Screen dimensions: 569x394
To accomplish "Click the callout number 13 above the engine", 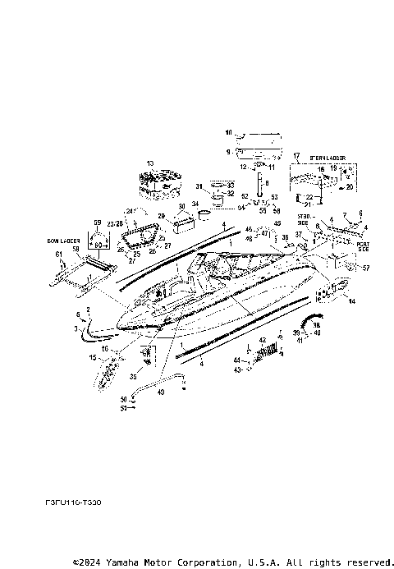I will pyautogui.click(x=149, y=164).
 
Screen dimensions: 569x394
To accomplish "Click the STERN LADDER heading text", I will pyautogui.click(x=328, y=156).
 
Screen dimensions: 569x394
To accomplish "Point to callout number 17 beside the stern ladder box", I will pyautogui.click(x=296, y=155).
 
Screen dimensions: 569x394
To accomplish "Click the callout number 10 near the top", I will pyautogui.click(x=230, y=131).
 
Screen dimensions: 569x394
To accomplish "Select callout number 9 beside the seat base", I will pyautogui.click(x=229, y=151).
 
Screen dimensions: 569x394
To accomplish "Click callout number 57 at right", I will pyautogui.click(x=365, y=268).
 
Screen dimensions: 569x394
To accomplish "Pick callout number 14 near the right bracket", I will pyautogui.click(x=353, y=302).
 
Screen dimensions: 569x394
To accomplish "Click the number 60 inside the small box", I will pyautogui.click(x=98, y=244).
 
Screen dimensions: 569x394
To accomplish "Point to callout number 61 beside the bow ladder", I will pyautogui.click(x=58, y=255).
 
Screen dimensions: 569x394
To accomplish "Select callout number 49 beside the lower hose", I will pyautogui.click(x=160, y=392).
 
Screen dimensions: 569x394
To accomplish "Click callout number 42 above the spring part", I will pyautogui.click(x=263, y=339).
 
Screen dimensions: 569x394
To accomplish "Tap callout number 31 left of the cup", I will pyautogui.click(x=198, y=187).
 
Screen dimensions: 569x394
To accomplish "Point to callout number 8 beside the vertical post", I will pyautogui.click(x=266, y=183).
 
